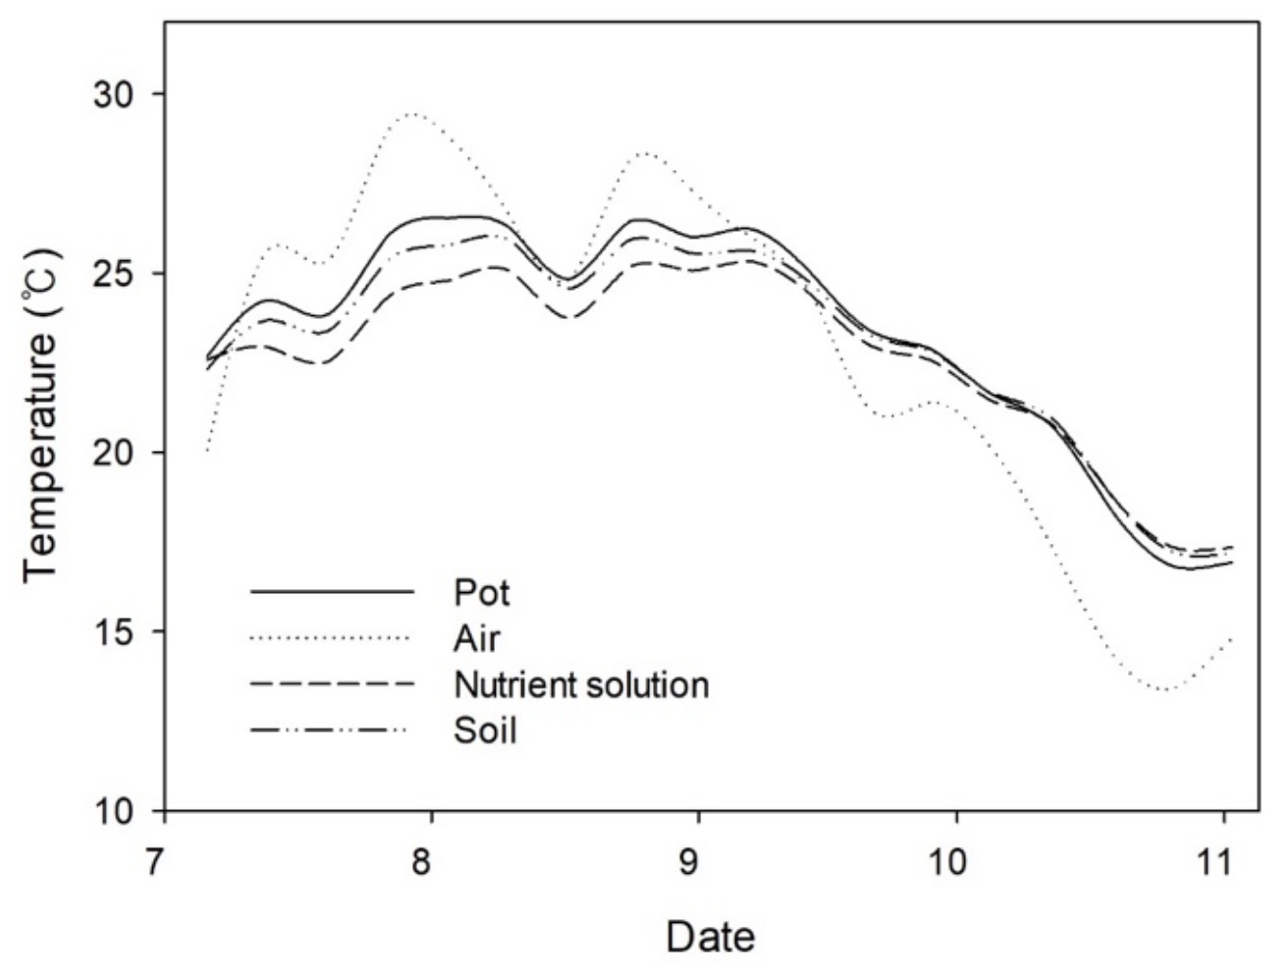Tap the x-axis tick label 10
pyautogui.click(x=956, y=849)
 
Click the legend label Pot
pyautogui.click(x=482, y=593)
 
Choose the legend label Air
pyautogui.click(x=477, y=638)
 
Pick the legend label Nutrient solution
pyautogui.click(x=581, y=684)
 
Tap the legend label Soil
pyautogui.click(x=485, y=730)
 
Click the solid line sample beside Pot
pyautogui.click(x=330, y=592)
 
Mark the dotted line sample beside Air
pyautogui.click(x=330, y=638)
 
